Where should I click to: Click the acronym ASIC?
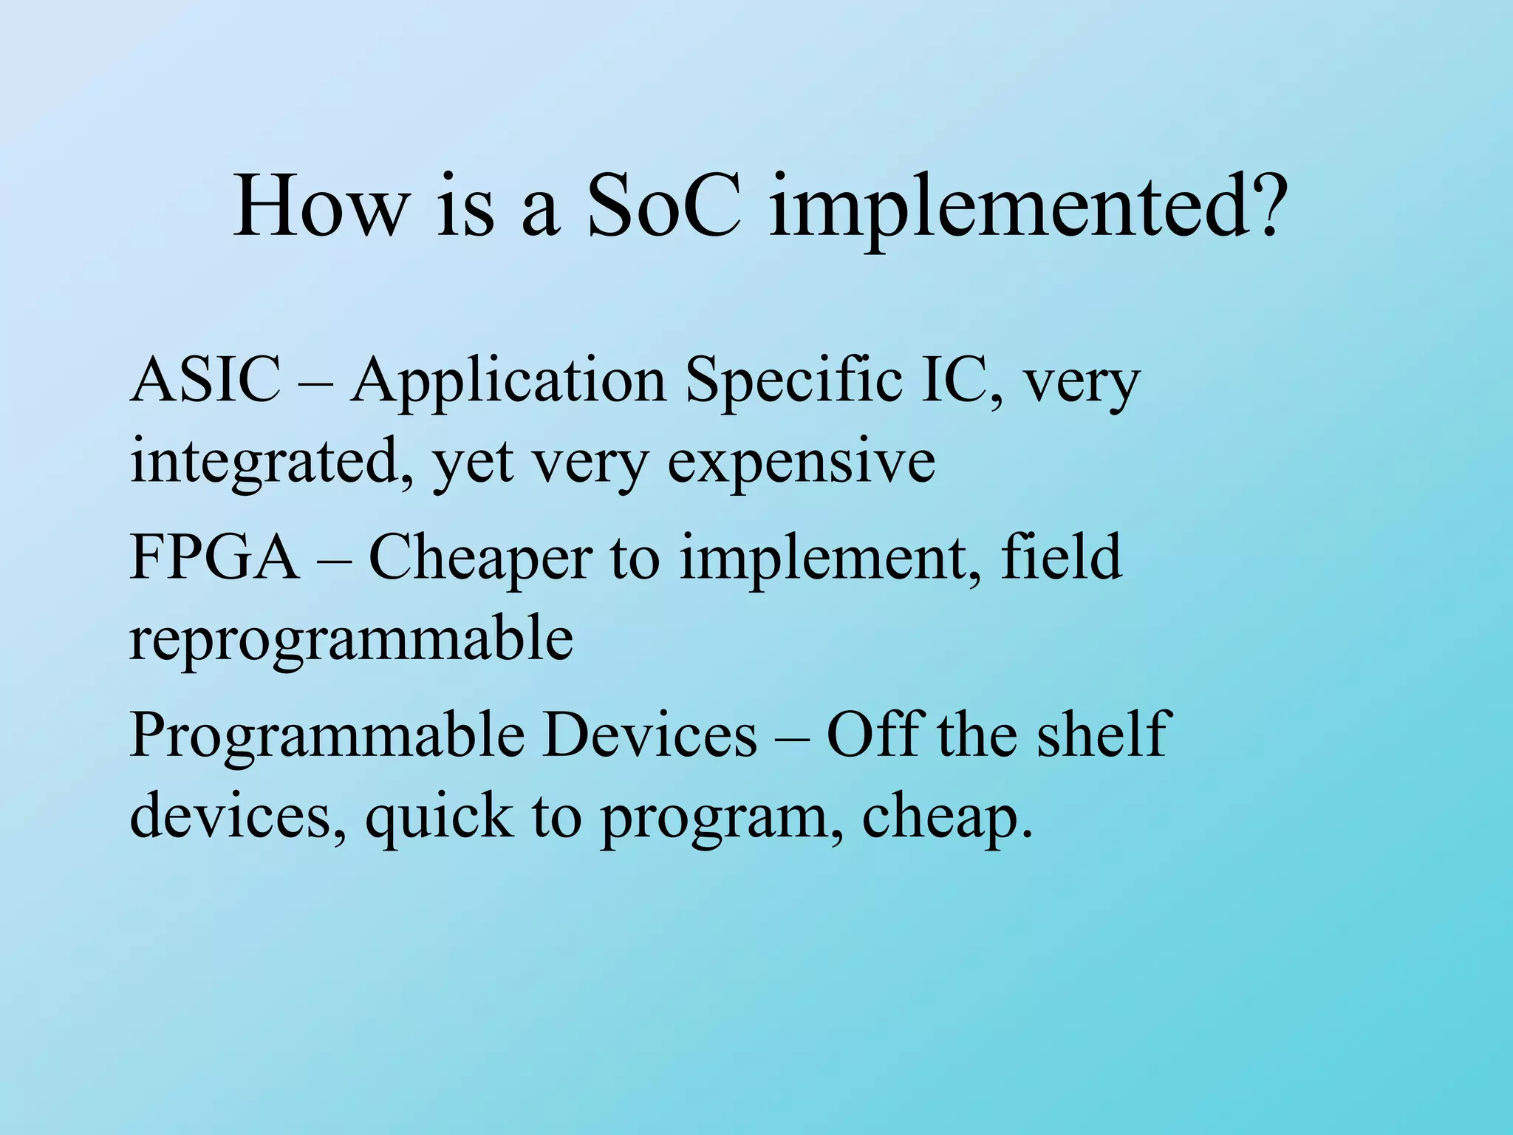[x=205, y=380]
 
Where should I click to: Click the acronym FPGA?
[x=214, y=557]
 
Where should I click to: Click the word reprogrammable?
[x=351, y=640]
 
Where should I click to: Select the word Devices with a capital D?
[x=650, y=734]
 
